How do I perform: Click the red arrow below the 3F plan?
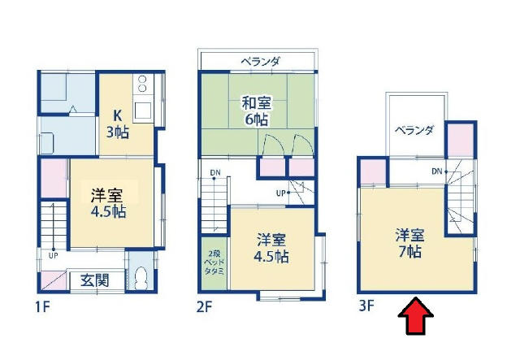[x=416, y=315]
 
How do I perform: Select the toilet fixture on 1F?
[x=141, y=278]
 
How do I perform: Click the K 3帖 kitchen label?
[x=117, y=124]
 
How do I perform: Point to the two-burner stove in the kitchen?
[x=143, y=83]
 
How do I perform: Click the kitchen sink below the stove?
[x=143, y=111]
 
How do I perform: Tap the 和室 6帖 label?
[x=257, y=111]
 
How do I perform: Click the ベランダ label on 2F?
[x=260, y=62]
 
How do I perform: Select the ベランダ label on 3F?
[x=414, y=130]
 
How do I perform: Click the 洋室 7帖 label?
[x=409, y=243]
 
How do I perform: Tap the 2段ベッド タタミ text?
[x=214, y=262]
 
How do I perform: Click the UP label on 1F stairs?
[x=54, y=255]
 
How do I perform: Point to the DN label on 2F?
[x=214, y=172]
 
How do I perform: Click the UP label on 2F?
[x=281, y=193]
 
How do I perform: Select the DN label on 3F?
[x=437, y=171]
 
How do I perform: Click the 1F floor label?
[x=42, y=307]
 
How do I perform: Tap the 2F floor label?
[x=204, y=306]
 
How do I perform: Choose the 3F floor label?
[x=366, y=306]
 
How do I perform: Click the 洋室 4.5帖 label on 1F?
[x=109, y=203]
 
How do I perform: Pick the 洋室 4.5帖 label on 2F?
[x=271, y=248]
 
